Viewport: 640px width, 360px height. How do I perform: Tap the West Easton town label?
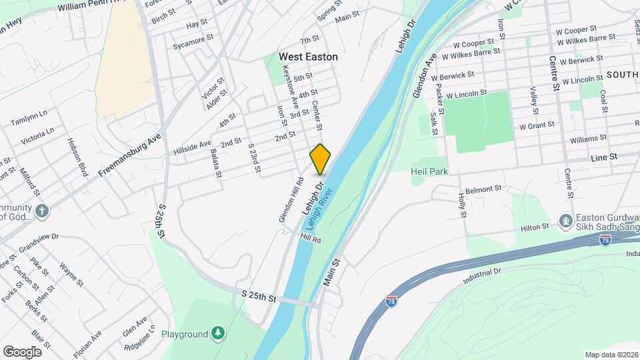point(308,57)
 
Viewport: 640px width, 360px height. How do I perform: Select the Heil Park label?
point(429,172)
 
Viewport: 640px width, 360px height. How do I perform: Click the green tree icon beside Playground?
point(218,333)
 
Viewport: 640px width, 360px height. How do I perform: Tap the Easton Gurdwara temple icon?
point(565,220)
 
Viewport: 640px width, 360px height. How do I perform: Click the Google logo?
point(22,351)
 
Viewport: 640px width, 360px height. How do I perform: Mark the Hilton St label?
point(534,227)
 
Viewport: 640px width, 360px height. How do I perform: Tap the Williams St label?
point(588,139)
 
